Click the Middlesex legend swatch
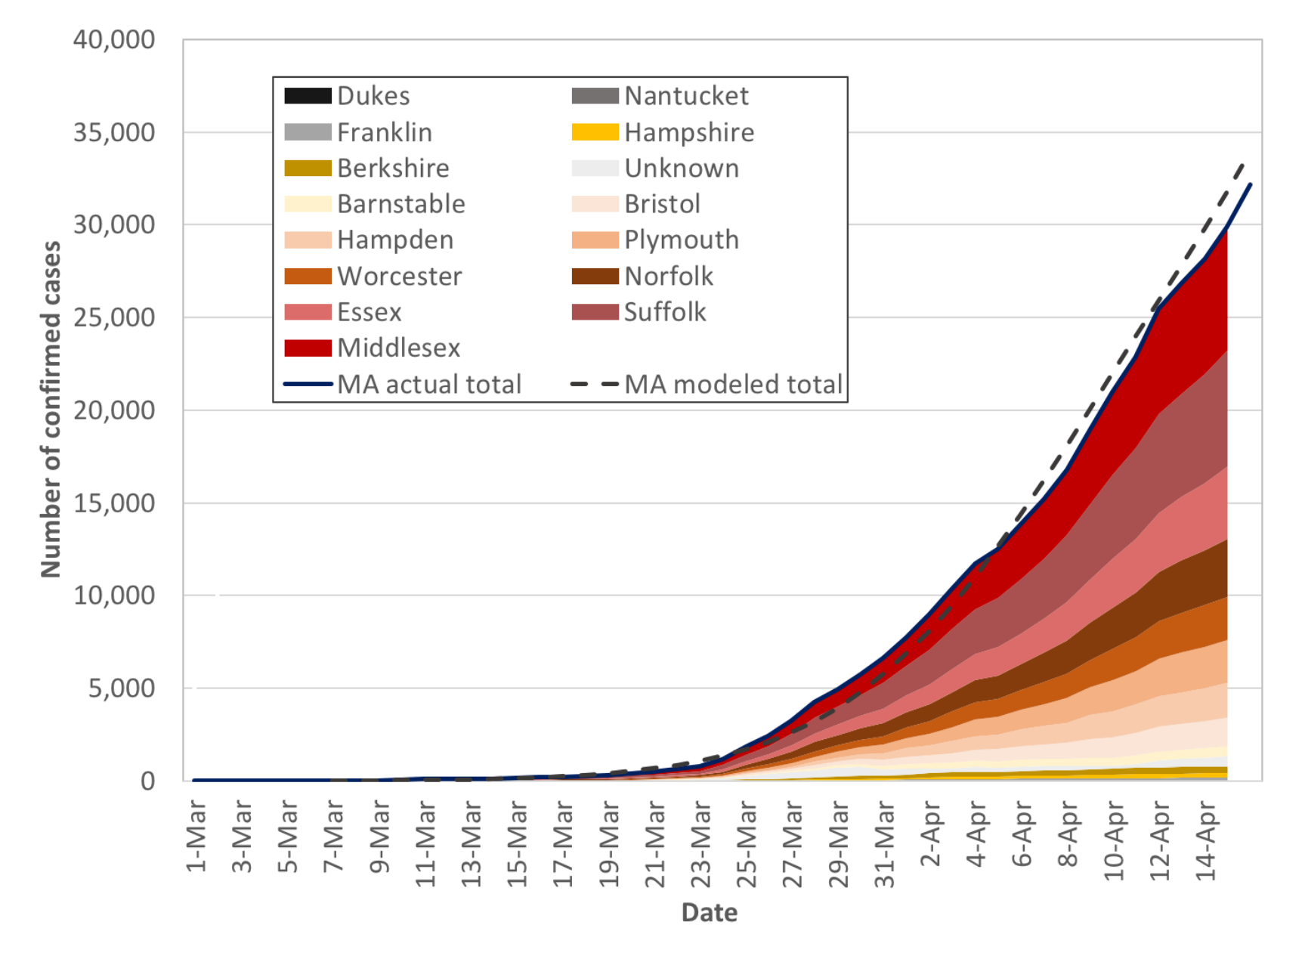[x=308, y=348]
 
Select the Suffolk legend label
[x=665, y=312]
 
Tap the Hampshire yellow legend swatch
[x=595, y=133]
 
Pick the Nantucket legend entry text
[x=686, y=96]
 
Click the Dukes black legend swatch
[x=308, y=96]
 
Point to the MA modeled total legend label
[x=733, y=384]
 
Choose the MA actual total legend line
[x=308, y=384]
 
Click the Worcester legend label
[x=399, y=276]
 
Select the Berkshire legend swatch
[x=308, y=168]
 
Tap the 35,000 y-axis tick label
[x=114, y=132]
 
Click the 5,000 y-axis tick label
[x=121, y=688]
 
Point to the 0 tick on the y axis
[x=147, y=781]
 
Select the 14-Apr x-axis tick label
[x=1207, y=841]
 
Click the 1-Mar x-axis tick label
[x=196, y=837]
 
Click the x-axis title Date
[x=709, y=912]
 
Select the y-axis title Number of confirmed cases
[x=51, y=409]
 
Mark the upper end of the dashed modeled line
[x=1243, y=163]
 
